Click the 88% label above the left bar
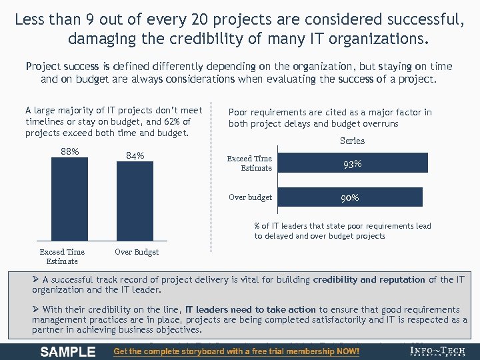70,151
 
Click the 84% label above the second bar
135,156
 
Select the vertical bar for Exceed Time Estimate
69,200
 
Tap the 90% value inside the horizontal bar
350,197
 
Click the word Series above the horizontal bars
352,141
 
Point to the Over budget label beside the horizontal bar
250,197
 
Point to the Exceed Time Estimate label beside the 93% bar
249,163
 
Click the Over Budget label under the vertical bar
137,252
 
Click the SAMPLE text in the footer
68,351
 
